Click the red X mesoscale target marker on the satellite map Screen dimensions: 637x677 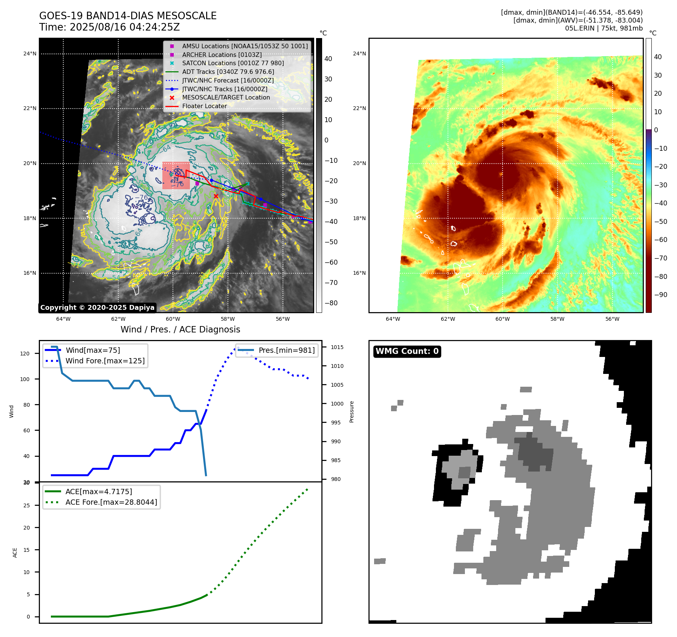[216, 196]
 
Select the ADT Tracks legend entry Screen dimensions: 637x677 [228, 72]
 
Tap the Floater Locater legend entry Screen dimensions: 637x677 [204, 106]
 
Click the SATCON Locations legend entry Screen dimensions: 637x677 [233, 63]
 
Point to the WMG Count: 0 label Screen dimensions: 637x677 [407, 351]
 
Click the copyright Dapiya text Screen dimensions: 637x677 [97, 308]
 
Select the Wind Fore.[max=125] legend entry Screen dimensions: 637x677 [105, 361]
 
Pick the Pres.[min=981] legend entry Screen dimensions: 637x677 [286, 350]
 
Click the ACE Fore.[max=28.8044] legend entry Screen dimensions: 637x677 [111, 502]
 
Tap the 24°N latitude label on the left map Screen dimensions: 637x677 [30, 54]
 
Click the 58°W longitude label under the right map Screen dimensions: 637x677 [557, 319]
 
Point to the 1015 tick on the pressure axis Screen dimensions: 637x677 [337, 347]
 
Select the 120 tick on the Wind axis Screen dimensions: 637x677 [25, 354]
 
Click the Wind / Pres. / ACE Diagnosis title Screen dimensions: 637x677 [180, 329]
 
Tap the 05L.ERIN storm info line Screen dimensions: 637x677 [604, 28]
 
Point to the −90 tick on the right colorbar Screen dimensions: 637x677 [660, 295]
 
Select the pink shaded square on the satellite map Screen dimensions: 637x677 [176, 176]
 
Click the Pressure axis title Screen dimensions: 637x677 [351, 412]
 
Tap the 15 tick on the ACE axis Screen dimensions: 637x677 [26, 550]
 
